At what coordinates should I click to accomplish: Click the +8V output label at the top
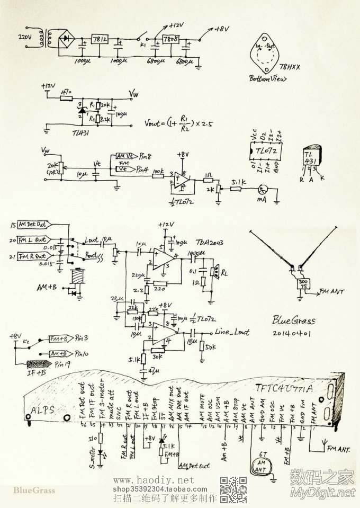(221, 30)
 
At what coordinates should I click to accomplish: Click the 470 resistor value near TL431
(66, 92)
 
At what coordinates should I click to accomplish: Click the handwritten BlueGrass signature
(294, 320)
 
